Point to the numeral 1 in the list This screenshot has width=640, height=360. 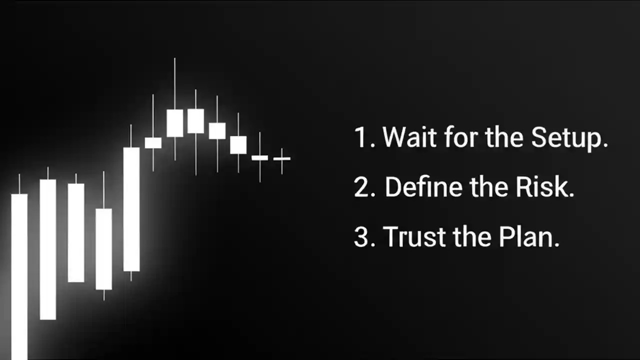tap(361, 137)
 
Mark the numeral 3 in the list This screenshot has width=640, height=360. tap(361, 237)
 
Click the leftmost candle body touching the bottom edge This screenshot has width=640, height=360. tap(19, 275)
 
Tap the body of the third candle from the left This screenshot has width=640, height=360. tap(76, 232)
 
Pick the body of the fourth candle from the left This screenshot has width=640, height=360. tap(104, 248)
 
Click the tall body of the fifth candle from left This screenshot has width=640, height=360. tap(131, 209)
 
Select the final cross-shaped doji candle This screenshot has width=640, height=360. tap(282, 159)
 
